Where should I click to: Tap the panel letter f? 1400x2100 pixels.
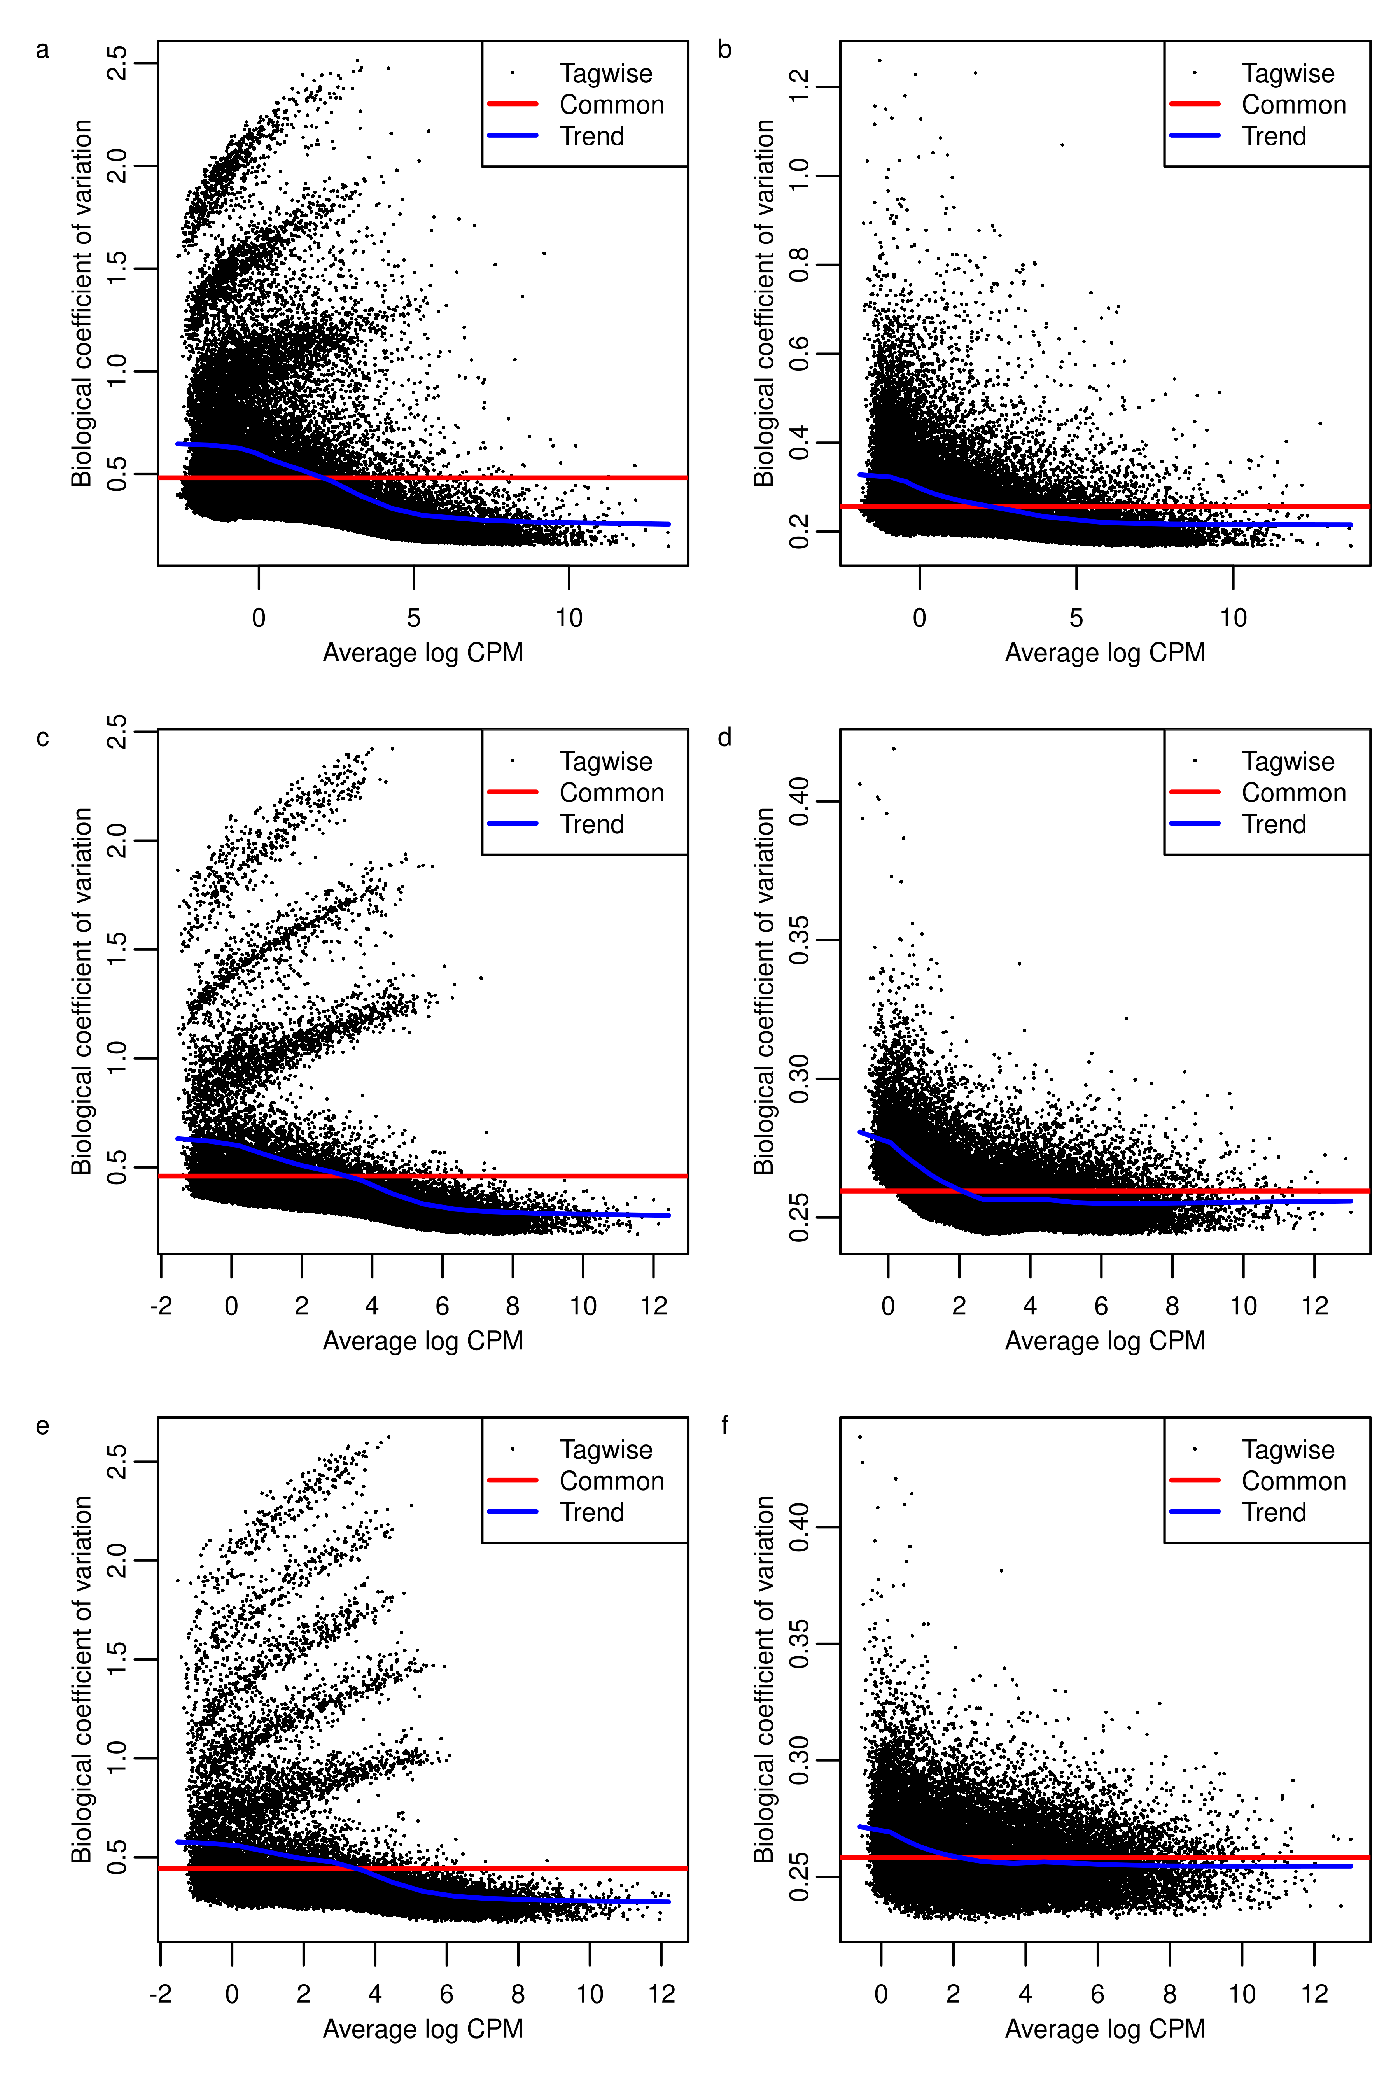coord(724,1426)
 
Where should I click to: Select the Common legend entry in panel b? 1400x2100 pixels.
coord(1293,105)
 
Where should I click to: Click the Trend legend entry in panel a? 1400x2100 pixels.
coord(591,136)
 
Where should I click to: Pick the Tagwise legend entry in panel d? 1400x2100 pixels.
coord(1288,761)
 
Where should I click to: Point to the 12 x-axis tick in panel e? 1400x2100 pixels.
coord(661,1994)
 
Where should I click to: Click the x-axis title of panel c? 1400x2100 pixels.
coord(422,1341)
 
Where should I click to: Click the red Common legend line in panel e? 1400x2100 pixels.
coord(513,1480)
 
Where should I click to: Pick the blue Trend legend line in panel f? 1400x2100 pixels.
coord(1195,1512)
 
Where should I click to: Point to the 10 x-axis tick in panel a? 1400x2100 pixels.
coord(569,618)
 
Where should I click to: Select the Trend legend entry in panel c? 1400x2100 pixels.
coord(591,824)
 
